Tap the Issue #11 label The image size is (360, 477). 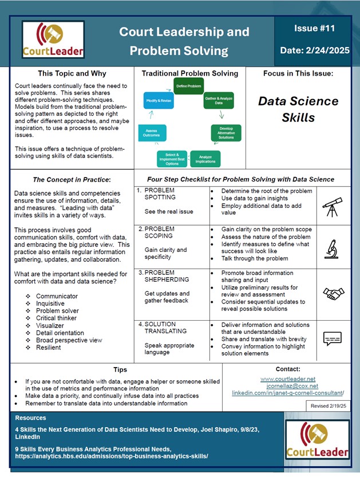[310, 27]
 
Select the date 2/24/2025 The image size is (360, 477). [315, 50]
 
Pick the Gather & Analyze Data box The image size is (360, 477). [218, 101]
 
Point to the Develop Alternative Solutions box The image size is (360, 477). [226, 132]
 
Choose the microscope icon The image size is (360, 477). [333, 247]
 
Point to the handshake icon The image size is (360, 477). [333, 293]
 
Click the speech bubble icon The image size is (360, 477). [333, 340]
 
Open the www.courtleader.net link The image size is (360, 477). [287, 379]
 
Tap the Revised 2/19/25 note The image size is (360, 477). [327, 405]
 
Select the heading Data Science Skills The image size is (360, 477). [298, 109]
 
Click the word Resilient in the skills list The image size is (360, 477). [50, 348]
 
